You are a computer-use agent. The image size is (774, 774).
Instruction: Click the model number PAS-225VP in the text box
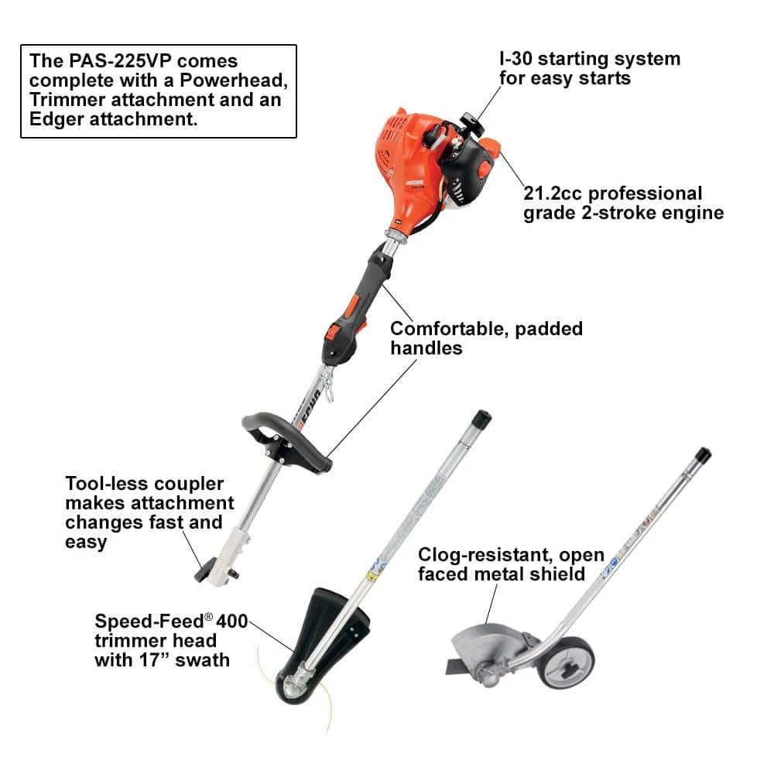point(120,60)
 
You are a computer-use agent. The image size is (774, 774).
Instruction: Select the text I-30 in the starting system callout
point(515,59)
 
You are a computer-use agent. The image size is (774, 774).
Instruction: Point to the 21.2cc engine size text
point(553,193)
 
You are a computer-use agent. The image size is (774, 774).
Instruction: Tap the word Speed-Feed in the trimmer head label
point(149,621)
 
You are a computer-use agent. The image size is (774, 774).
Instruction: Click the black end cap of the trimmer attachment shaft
point(481,419)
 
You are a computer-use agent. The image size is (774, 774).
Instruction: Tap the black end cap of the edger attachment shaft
point(703,455)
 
